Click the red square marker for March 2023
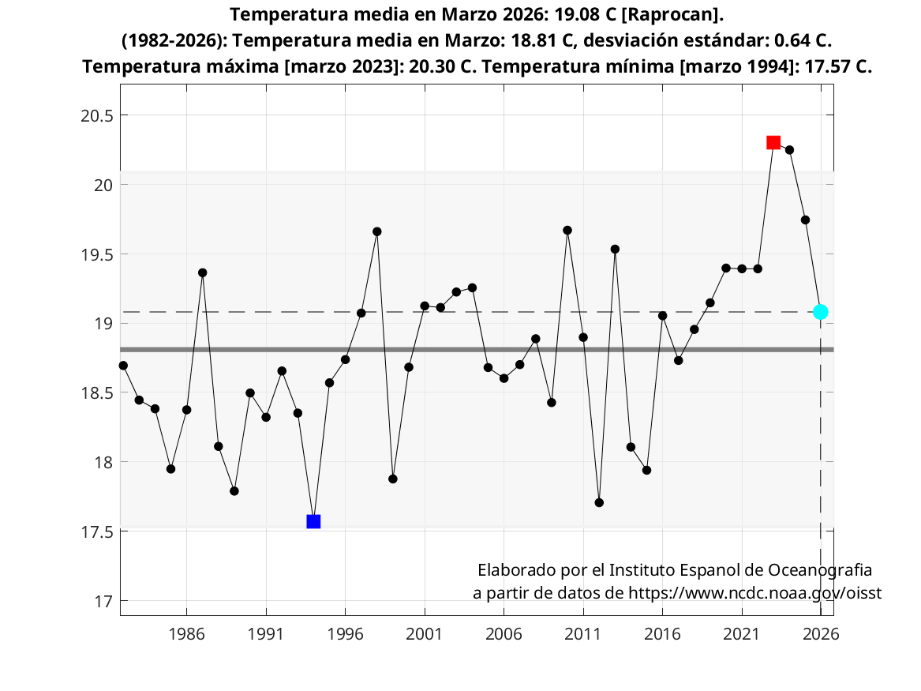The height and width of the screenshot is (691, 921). [773, 142]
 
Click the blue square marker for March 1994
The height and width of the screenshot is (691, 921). [313, 521]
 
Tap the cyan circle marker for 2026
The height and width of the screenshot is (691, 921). [821, 312]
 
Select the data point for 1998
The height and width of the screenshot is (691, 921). [377, 231]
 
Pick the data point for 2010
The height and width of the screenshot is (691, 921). [567, 230]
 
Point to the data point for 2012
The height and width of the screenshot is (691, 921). [599, 502]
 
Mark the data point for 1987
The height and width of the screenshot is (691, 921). [203, 272]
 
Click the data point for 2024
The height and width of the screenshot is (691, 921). [789, 150]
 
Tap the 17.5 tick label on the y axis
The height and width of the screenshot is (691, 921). [99, 531]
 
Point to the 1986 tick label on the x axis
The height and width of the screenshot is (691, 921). [186, 633]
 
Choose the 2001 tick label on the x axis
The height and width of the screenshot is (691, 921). [425, 633]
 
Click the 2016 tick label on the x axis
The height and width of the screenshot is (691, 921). [662, 633]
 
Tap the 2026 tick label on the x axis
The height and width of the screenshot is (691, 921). [821, 633]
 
